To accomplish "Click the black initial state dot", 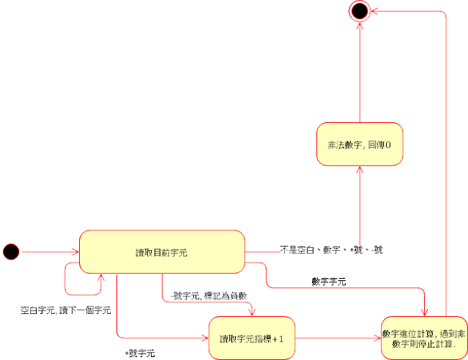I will pos(11,252).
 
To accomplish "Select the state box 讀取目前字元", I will pos(161,252).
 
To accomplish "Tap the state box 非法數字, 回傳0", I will pos(359,144).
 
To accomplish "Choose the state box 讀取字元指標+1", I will pos(251,338).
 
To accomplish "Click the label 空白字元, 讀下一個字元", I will pos(65,310).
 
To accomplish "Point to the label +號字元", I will pos(140,353).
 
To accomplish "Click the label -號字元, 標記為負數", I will pos(203,296).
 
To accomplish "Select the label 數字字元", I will pos(329,280).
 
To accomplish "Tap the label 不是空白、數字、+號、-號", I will pos(332,250).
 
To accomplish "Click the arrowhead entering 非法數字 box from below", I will pos(359,170).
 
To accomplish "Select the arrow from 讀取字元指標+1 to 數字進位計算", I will pos(337,338).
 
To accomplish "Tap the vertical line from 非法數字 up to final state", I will pos(359,73).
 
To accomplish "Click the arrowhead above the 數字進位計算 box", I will pos(424,312).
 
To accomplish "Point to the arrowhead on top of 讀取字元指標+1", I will pos(251,312).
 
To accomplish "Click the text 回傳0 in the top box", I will pos(379,144).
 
